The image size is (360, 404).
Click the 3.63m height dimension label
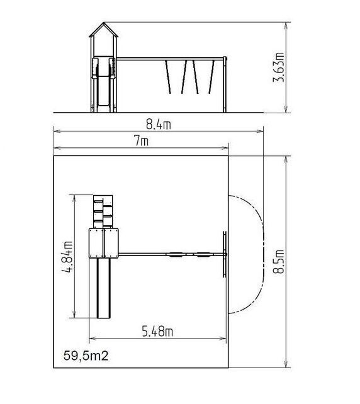coord(278,67)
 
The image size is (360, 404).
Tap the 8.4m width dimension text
coord(159,125)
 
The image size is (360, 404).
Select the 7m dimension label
coord(141,141)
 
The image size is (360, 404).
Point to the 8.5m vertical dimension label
coord(279,261)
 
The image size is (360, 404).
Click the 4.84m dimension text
coord(67,257)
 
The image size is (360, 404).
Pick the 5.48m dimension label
coord(157,332)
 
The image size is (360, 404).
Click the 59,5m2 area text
coord(86,356)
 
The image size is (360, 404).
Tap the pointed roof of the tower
coord(104,30)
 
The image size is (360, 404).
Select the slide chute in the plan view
coord(104,288)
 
